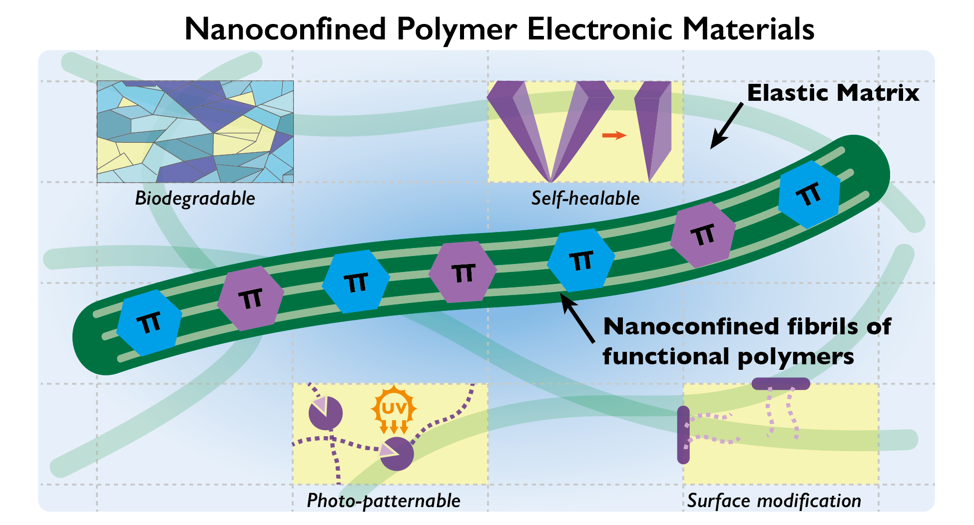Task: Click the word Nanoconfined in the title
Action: point(285,29)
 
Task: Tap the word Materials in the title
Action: point(748,29)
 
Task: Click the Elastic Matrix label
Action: point(833,93)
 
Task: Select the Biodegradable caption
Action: point(195,199)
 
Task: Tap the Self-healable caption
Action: point(585,199)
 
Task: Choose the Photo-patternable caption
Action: point(383,501)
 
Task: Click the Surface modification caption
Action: point(774,501)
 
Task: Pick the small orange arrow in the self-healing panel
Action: point(614,135)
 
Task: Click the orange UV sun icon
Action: point(394,409)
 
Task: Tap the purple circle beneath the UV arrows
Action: point(397,454)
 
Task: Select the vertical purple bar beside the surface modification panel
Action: point(683,435)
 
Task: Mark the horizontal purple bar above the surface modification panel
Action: point(781,383)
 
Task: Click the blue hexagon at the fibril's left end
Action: point(149,323)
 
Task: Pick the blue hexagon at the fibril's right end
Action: point(809,194)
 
